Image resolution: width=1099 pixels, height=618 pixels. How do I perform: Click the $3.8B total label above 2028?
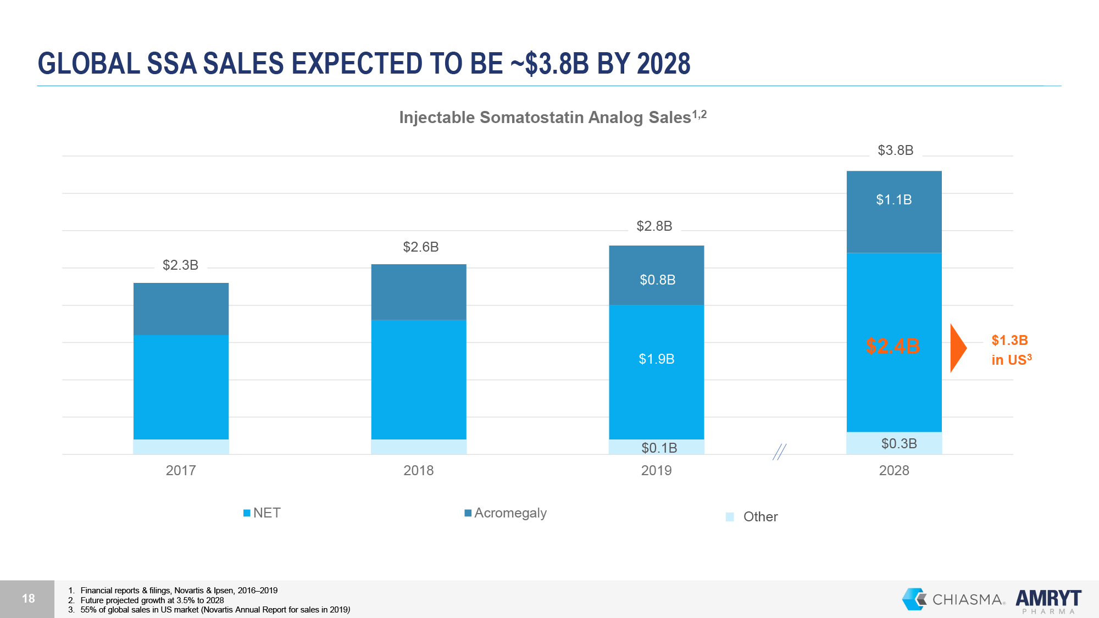(x=895, y=150)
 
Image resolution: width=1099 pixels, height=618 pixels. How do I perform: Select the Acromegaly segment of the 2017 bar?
(x=181, y=309)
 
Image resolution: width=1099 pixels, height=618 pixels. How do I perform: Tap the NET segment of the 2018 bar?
(x=419, y=379)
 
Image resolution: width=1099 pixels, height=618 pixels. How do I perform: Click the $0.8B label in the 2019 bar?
(x=657, y=280)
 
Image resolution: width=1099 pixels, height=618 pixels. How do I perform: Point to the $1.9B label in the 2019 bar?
(x=656, y=359)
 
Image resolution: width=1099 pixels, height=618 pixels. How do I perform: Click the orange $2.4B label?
(x=892, y=346)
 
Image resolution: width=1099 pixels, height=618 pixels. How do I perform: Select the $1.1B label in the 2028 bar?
(x=893, y=199)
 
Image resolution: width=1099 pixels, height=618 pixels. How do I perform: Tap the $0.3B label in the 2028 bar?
(x=899, y=443)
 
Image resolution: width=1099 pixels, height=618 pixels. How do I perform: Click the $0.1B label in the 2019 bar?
(x=659, y=448)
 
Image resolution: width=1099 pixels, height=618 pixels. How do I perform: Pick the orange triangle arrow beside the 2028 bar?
(x=957, y=348)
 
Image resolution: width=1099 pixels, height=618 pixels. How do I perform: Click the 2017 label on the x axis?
(x=181, y=470)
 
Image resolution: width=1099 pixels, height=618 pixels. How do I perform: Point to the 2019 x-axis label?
(x=656, y=470)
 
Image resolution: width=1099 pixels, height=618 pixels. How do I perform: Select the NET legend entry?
(x=262, y=513)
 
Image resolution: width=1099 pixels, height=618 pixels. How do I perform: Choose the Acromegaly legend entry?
(x=506, y=513)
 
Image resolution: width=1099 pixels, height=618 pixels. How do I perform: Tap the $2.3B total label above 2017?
(x=180, y=265)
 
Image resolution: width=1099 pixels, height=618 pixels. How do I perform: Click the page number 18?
(x=28, y=598)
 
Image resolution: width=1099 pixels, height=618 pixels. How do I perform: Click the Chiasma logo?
(x=953, y=599)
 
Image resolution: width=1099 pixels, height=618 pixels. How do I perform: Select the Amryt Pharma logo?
(x=1048, y=600)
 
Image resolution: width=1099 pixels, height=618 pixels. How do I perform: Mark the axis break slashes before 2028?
(x=779, y=452)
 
